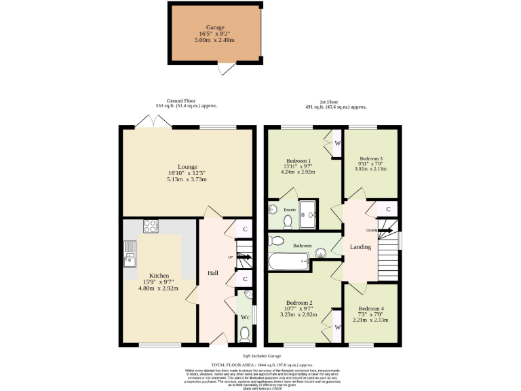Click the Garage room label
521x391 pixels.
pyautogui.click(x=210, y=28)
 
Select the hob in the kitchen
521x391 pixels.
pyautogui.click(x=149, y=227)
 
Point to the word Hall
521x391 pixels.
pyautogui.click(x=212, y=273)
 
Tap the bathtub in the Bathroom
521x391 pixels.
pyautogui.click(x=288, y=260)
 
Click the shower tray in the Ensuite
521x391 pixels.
pyautogui.click(x=309, y=215)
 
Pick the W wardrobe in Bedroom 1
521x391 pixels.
pyautogui.click(x=334, y=143)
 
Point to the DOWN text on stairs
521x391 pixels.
pyautogui.click(x=372, y=230)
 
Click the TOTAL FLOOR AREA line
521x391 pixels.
pyautogui.click(x=260, y=364)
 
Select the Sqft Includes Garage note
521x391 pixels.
pyautogui.click(x=260, y=355)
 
